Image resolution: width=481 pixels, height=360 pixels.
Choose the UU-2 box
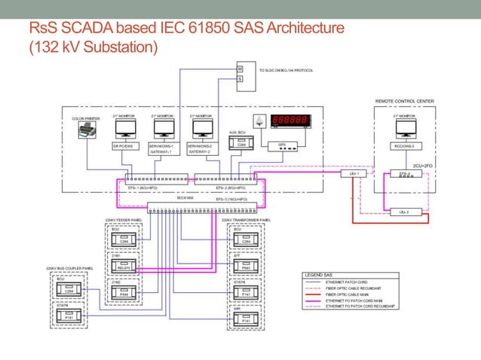403,212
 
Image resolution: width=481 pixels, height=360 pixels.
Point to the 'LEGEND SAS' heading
320,275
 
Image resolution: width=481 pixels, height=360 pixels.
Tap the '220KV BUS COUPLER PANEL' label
69,268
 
